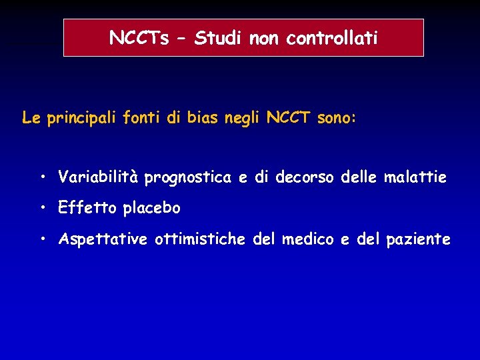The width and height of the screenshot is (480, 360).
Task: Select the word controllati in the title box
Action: tap(332, 39)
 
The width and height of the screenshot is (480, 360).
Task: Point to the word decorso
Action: tap(305, 177)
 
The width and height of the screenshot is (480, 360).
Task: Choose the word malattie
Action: tap(415, 177)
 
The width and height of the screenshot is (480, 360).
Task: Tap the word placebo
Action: tap(152, 209)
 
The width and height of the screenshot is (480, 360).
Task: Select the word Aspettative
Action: tap(104, 239)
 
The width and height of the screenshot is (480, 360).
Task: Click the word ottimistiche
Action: tap(200, 239)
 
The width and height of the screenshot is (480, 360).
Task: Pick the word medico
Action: tap(307, 239)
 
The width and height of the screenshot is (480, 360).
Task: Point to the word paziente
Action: tap(418, 239)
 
